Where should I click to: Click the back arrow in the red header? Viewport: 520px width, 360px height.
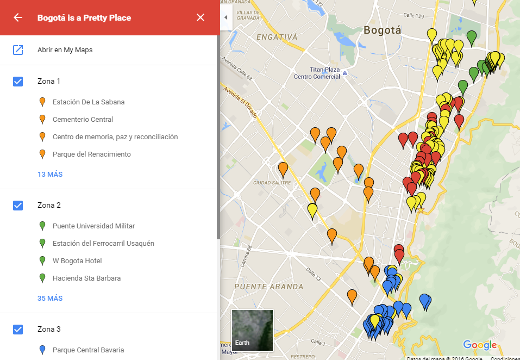pyautogui.click(x=18, y=17)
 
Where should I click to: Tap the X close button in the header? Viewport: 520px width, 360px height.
pyautogui.click(x=201, y=17)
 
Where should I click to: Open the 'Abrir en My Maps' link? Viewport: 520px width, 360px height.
pyautogui.click(x=65, y=50)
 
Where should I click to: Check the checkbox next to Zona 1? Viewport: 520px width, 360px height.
pyautogui.click(x=18, y=82)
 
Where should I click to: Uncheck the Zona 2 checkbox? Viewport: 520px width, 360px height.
pyautogui.click(x=18, y=206)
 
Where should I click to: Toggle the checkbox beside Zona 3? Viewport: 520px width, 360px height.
pyautogui.click(x=18, y=330)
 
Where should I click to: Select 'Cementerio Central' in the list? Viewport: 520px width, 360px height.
pyautogui.click(x=83, y=120)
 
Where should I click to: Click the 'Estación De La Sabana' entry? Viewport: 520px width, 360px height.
pyautogui.click(x=89, y=102)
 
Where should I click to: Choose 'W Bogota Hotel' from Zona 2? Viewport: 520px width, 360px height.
pyautogui.click(x=77, y=261)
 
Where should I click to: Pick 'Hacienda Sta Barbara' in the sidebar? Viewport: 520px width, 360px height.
pyautogui.click(x=86, y=278)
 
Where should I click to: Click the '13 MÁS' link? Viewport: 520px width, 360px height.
pyautogui.click(x=50, y=175)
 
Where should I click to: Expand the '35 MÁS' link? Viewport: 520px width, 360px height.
pyautogui.click(x=50, y=299)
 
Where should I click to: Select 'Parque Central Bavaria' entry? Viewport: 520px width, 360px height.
pyautogui.click(x=88, y=350)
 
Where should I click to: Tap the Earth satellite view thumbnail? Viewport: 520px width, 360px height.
pyautogui.click(x=252, y=330)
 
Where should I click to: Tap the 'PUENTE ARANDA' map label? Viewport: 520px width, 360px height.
pyautogui.click(x=268, y=287)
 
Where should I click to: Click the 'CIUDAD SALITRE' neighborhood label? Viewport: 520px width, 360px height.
pyautogui.click(x=272, y=183)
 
